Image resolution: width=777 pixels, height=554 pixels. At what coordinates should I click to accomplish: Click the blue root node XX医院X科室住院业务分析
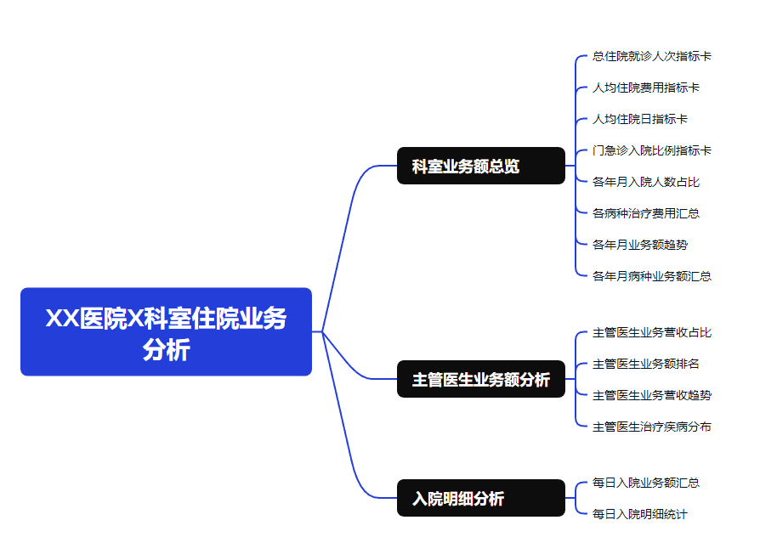pos(166,331)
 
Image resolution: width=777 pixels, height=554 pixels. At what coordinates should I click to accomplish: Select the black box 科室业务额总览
pos(480,166)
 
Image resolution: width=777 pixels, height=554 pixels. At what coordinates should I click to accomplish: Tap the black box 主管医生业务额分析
pos(480,379)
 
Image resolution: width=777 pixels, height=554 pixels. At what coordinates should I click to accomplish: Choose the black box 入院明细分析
pos(480,498)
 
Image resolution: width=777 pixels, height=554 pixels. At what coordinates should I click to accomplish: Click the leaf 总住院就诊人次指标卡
pos(651,56)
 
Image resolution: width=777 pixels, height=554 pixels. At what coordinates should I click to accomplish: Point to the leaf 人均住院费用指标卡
pos(645,88)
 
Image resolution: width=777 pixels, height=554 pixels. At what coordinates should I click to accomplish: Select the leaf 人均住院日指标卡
pos(639,119)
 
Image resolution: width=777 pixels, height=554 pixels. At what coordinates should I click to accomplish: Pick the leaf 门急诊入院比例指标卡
pos(651,150)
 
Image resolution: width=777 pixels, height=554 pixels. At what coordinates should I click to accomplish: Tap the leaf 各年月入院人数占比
pos(645,182)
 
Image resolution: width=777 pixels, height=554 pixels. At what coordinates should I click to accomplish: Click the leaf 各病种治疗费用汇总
pos(645,213)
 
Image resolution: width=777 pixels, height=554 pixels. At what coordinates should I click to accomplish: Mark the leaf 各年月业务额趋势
pos(639,245)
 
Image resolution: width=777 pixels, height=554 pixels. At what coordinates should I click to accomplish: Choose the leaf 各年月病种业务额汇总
pos(651,276)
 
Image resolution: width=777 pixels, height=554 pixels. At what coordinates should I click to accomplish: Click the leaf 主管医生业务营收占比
pos(651,332)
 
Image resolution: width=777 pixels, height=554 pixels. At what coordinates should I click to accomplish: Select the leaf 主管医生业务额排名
pos(645,364)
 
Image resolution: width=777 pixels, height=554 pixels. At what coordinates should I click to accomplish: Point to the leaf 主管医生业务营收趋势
pos(651,395)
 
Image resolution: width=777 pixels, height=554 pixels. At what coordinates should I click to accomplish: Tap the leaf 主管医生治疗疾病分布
pos(651,427)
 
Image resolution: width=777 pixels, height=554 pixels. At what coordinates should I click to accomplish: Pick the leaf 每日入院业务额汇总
pos(645,483)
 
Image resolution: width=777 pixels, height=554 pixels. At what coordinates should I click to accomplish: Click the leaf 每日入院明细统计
pos(639,514)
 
